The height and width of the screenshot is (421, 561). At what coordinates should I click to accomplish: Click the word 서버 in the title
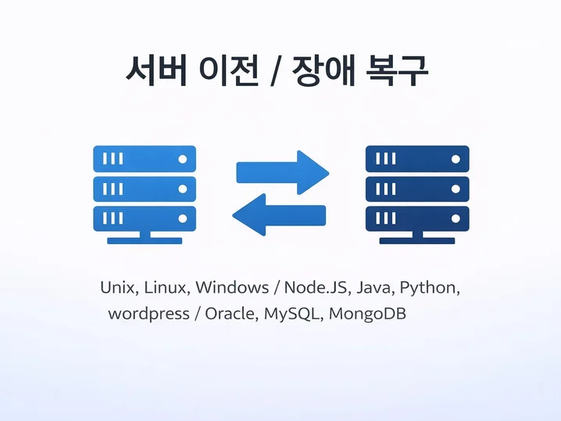click(156, 70)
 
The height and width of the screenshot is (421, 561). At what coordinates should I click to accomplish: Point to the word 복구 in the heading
click(396, 70)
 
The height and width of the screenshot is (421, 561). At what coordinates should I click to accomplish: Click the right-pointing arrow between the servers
click(283, 173)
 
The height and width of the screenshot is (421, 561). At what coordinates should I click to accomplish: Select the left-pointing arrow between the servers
click(279, 214)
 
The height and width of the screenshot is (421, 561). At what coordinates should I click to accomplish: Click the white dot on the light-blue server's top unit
click(183, 159)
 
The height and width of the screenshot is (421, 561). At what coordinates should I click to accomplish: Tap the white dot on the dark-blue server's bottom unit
click(456, 218)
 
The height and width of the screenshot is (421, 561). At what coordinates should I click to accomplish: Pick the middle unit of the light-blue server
click(145, 189)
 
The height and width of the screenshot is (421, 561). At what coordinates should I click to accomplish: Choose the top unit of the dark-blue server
click(417, 159)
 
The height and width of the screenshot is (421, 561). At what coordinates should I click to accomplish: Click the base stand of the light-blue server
click(145, 238)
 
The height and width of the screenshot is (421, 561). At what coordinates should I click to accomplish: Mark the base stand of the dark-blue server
click(417, 238)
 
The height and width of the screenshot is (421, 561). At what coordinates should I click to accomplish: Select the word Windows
click(232, 287)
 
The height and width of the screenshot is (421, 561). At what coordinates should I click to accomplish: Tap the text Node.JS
click(315, 288)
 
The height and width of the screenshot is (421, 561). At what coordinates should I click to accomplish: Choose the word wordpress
click(148, 315)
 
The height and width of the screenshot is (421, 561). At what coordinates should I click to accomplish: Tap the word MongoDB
click(367, 315)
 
